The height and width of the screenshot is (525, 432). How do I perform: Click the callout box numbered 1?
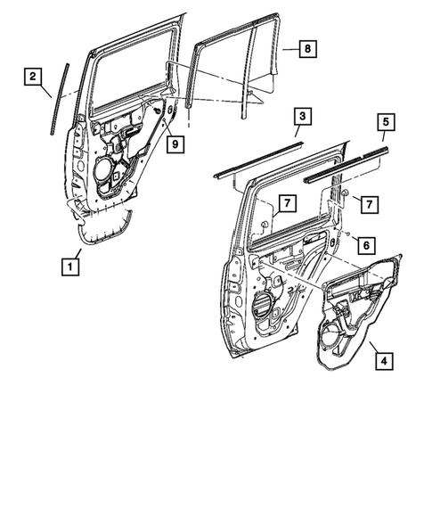[x=68, y=265]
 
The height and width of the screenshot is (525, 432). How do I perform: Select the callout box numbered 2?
[x=32, y=78]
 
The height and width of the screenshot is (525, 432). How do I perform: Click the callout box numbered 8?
[x=306, y=48]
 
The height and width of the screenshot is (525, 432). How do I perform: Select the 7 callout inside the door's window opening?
[x=284, y=205]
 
